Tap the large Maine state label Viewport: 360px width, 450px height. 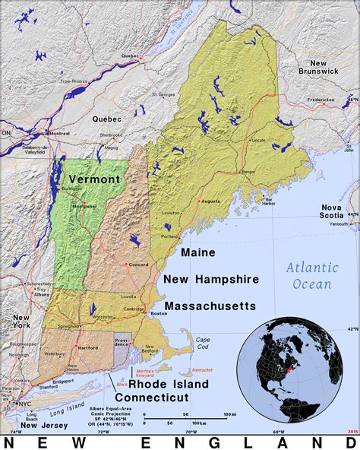pos(197,252)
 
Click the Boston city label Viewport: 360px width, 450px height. pos(159,313)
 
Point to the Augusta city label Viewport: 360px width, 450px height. pos(210,201)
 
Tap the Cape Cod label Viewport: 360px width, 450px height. pos(203,343)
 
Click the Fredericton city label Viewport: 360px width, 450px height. pos(321,99)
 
